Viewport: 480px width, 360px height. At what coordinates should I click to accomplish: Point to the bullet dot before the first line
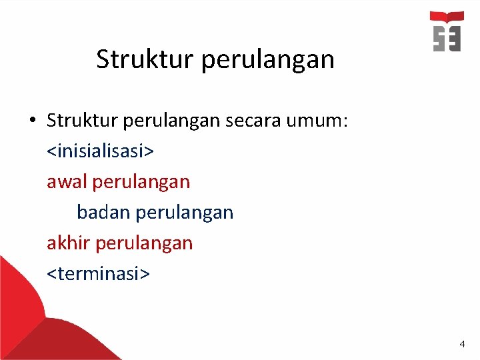31,121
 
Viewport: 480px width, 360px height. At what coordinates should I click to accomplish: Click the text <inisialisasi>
100,151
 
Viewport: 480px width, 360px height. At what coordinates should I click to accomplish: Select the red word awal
67,181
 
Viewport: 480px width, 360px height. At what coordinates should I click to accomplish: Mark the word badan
103,212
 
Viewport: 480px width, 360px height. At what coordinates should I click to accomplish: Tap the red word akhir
69,243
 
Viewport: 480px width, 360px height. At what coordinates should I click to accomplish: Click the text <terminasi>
98,273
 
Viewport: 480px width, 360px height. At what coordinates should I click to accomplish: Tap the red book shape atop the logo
447,17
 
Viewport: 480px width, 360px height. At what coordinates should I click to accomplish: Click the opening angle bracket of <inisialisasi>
51,151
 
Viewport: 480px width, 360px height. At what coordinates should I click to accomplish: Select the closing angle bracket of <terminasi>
146,274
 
